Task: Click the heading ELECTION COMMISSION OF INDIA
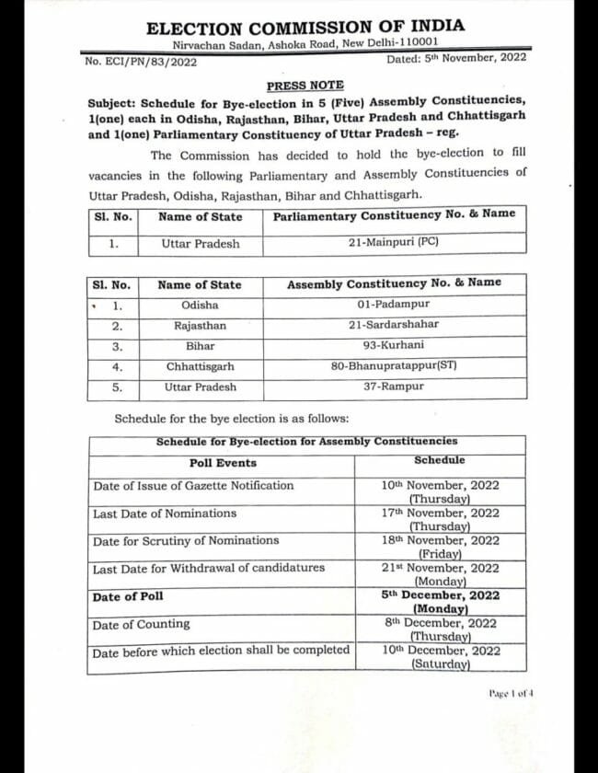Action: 305,27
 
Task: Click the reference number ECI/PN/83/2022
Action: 141,63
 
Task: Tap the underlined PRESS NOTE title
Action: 305,86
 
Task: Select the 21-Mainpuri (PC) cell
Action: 395,243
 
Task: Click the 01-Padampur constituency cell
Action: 394,304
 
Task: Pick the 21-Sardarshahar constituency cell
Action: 394,325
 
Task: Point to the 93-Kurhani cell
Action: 394,345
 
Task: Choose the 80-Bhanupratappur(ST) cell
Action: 394,366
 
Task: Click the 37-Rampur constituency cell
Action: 394,386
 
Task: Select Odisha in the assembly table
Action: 200,305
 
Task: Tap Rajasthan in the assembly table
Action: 200,326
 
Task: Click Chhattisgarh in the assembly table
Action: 200,366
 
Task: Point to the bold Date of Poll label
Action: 128,597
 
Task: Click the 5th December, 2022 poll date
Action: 441,595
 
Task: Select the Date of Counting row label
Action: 141,624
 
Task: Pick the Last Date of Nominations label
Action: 164,513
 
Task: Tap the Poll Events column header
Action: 223,463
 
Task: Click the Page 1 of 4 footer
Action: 511,693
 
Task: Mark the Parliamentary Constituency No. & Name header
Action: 394,215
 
